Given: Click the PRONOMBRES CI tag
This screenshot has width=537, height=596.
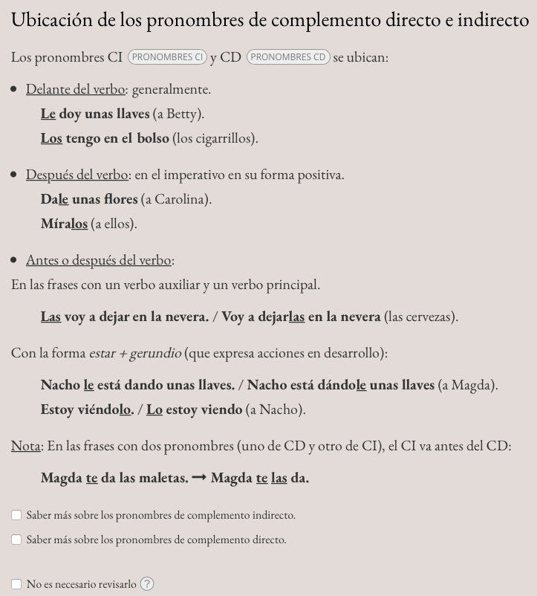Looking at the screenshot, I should (167, 56).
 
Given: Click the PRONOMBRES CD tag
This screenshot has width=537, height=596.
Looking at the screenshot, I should (288, 56).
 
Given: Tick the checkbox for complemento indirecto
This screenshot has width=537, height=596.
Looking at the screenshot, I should (16, 515).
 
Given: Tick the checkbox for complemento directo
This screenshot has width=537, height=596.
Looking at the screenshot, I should (16, 540).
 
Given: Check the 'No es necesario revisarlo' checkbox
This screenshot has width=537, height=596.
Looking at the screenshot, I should (16, 584).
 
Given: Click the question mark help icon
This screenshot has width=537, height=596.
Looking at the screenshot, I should (147, 584).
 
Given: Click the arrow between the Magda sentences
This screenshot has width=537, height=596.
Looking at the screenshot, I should (199, 478).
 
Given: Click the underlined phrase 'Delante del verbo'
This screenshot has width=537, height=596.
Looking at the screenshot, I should (75, 89).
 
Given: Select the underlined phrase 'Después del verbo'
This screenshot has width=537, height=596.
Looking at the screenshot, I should (77, 175).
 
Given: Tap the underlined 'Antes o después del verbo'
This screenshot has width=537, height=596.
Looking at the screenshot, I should (99, 260).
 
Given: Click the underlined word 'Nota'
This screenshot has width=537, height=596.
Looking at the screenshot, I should (25, 446).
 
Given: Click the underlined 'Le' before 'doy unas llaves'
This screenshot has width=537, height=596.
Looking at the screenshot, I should (48, 114).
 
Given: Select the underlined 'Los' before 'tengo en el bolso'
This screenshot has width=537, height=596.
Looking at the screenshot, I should (51, 138).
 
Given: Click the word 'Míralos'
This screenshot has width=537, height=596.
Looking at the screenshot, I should (64, 224).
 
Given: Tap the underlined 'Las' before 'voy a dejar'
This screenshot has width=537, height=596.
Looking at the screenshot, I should (51, 317).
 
